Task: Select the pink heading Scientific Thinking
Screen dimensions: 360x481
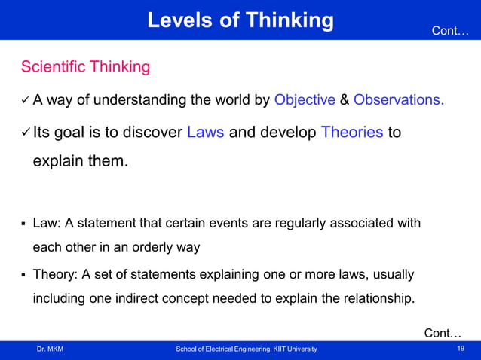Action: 85,67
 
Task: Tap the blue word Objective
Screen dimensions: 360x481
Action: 305,100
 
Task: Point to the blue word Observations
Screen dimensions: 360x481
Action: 399,100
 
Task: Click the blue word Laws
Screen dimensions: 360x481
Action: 205,133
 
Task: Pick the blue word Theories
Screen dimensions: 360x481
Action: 351,133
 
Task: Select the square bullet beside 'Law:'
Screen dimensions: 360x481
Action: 24,224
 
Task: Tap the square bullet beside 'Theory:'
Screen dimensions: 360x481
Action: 24,275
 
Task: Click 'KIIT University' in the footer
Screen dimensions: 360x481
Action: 292,349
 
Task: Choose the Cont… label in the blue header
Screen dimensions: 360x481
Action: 450,30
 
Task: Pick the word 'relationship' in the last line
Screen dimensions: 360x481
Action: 375,298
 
